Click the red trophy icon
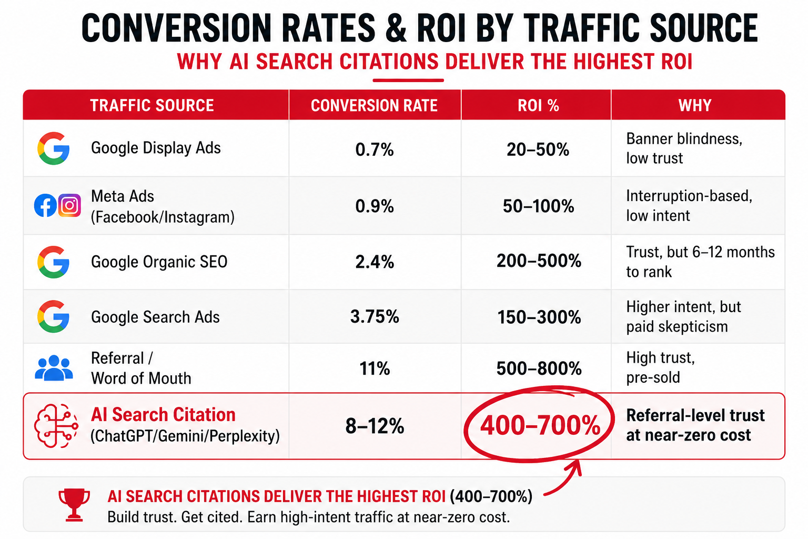point(74,505)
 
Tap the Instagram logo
point(69,205)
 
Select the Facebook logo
point(45,205)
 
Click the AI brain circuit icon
point(56,426)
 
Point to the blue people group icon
point(54,368)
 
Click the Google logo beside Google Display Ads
point(53,148)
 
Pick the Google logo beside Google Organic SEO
point(53,262)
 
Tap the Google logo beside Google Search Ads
point(53,316)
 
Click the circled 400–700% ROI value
point(540,425)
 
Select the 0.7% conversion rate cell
point(375,149)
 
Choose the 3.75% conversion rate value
point(375,317)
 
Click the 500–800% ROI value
point(539,368)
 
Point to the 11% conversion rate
point(375,368)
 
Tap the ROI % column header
point(538,105)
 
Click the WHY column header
point(695,105)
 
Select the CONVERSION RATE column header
point(374,105)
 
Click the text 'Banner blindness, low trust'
point(684,148)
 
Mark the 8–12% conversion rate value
point(375,426)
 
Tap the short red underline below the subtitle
point(408,81)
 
